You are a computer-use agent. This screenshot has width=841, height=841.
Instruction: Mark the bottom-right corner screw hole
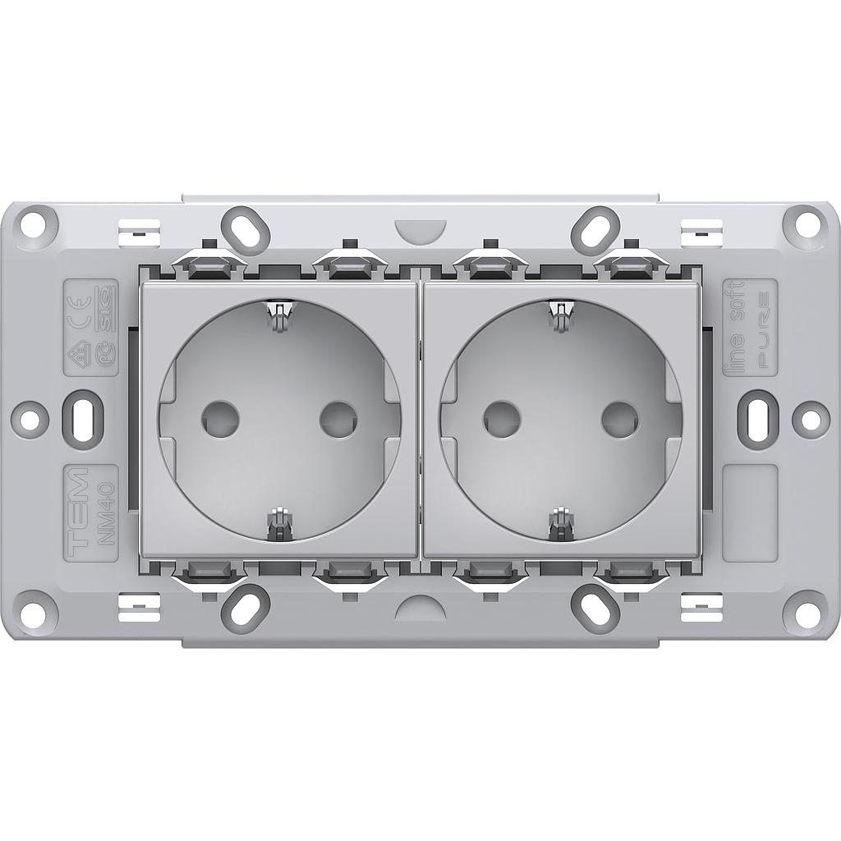click(805, 612)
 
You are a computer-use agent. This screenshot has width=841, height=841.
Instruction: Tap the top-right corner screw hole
click(805, 222)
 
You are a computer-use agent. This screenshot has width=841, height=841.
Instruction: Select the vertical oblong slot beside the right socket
click(758, 417)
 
